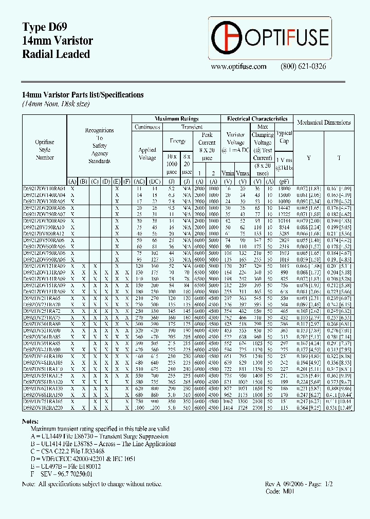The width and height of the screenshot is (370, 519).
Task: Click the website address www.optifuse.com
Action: click(x=238, y=67)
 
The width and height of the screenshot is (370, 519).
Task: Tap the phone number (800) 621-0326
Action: click(x=303, y=67)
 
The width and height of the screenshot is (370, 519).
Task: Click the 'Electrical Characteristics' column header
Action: click(x=257, y=118)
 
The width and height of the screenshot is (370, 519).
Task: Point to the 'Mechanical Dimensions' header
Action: click(x=324, y=123)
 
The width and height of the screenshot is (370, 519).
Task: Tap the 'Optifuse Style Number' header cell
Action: click(x=45, y=150)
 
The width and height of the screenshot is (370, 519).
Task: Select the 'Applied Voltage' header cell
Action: click(x=147, y=154)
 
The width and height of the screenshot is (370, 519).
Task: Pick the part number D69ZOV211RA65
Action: click(x=44, y=297)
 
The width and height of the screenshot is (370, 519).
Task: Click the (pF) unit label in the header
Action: click(x=284, y=182)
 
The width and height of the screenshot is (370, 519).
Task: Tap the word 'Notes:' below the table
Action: click(x=31, y=421)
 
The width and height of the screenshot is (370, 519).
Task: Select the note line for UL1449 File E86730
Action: click(x=99, y=436)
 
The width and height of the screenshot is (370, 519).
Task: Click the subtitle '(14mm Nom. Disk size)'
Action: click(x=55, y=104)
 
